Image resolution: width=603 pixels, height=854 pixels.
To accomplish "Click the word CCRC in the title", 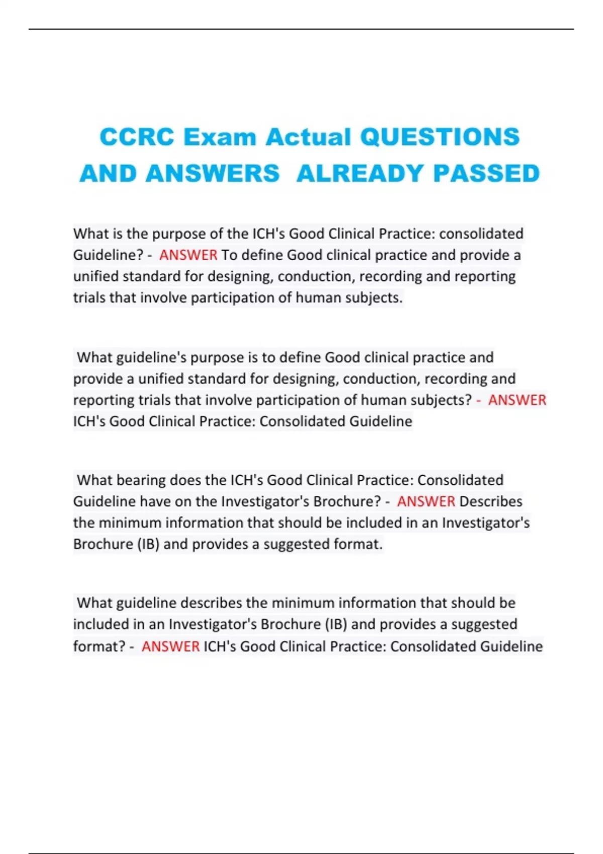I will (137, 137).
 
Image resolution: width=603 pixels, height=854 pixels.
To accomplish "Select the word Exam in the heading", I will (220, 137).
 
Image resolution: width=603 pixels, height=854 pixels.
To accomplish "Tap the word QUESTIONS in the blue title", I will (440, 137).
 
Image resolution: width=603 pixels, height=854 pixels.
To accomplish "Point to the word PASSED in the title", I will (486, 174).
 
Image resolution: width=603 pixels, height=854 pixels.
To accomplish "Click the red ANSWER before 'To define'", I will (188, 255).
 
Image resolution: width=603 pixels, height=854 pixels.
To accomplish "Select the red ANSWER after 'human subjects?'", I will (517, 400).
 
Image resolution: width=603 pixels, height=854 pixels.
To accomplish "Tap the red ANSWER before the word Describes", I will (426, 501).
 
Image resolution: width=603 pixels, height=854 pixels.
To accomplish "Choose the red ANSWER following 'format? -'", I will (171, 646).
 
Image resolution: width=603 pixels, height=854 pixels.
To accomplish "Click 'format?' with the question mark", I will (99, 646).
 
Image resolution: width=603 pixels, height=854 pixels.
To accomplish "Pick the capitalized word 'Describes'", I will (491, 501).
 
